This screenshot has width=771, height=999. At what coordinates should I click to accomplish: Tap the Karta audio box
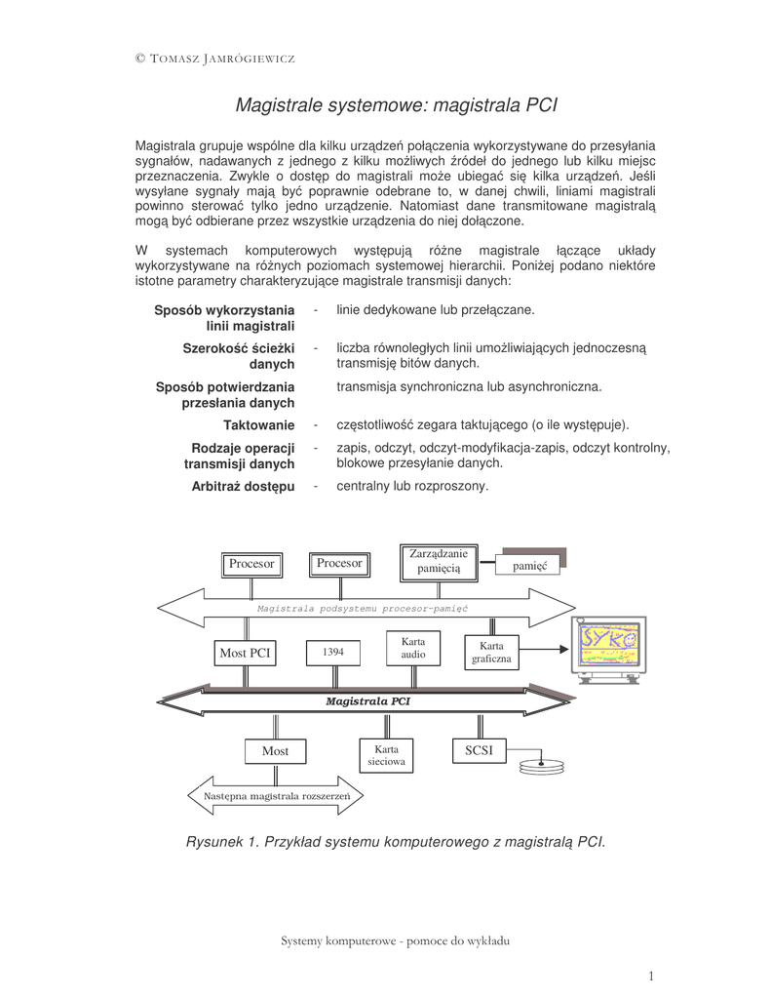click(x=413, y=649)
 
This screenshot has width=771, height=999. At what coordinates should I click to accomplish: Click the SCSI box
click(x=479, y=750)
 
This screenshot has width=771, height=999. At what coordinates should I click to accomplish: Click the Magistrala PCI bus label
click(x=367, y=700)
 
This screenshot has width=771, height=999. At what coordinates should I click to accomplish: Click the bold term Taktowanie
click(x=258, y=425)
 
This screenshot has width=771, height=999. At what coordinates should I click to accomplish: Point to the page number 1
click(x=650, y=976)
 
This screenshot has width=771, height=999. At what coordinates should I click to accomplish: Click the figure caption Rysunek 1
click(x=396, y=841)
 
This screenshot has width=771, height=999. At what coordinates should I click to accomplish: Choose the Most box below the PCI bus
click(x=275, y=751)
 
